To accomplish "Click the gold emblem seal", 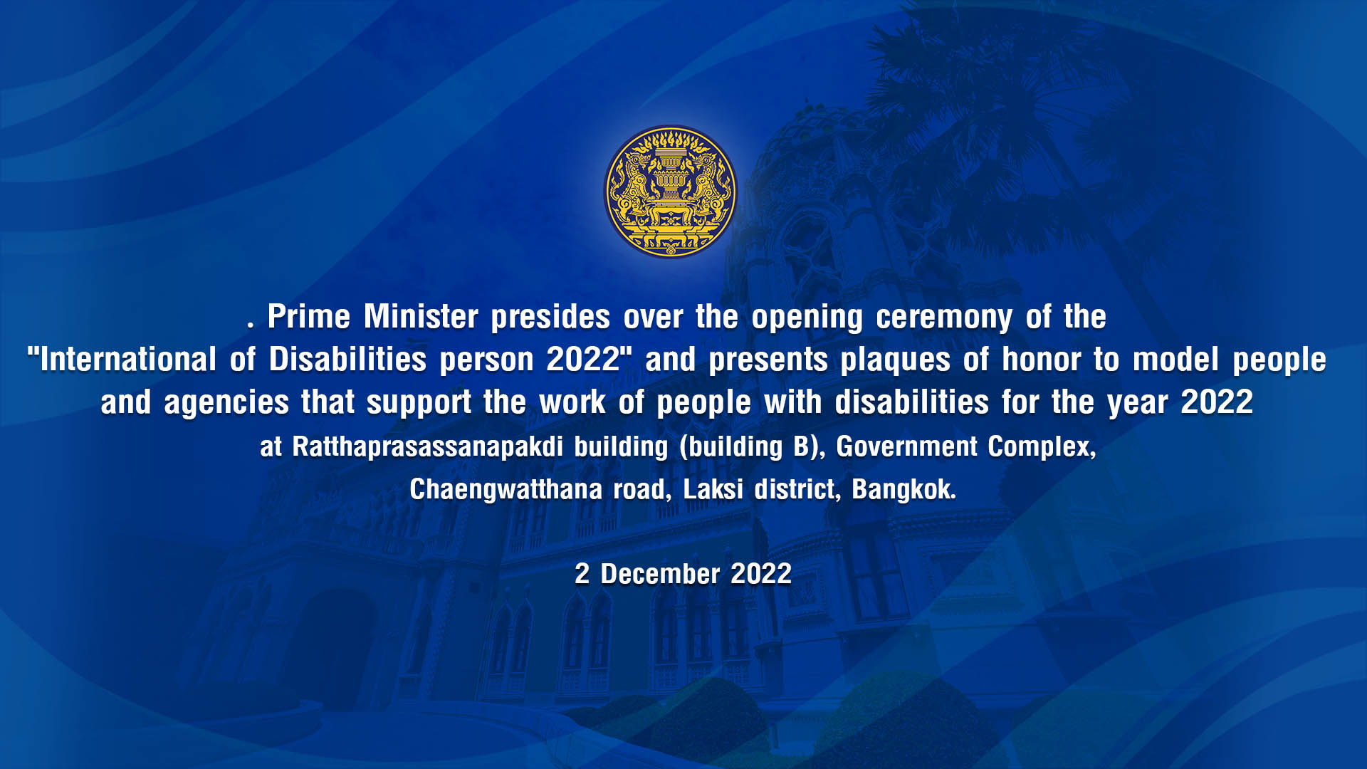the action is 670,192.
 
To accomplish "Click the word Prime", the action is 308,317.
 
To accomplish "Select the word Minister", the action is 421,317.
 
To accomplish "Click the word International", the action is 128,360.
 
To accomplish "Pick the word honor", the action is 1042,360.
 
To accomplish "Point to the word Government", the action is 906,446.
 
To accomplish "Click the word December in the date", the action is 660,574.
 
